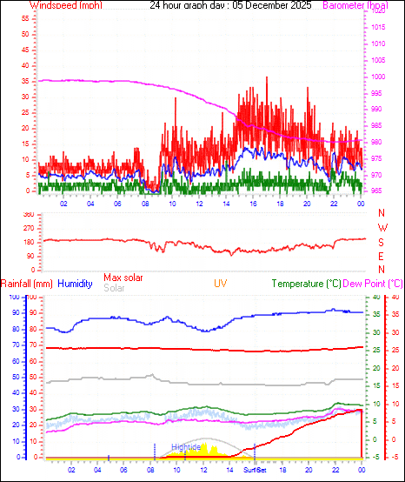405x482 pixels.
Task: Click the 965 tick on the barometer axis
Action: pos(377,191)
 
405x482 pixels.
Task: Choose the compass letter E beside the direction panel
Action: pos(382,256)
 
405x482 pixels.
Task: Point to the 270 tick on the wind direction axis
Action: pos(29,228)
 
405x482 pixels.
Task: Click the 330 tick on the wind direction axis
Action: pos(29,214)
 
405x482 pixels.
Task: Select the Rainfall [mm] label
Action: pos(27,284)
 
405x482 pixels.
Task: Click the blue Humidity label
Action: pos(76,284)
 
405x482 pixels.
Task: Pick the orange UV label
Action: pos(222,284)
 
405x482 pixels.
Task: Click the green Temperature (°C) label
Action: pos(306,284)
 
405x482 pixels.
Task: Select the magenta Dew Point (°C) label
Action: pos(374,284)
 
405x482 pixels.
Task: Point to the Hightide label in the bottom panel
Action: pos(186,446)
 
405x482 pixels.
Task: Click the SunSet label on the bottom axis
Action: pos(255,470)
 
